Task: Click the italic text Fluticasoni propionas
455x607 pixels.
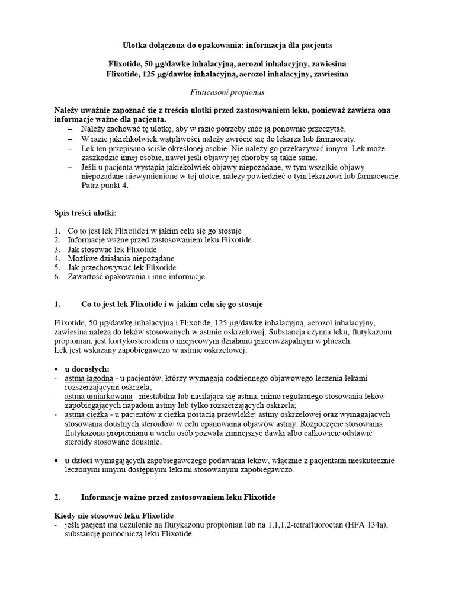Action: point(227,92)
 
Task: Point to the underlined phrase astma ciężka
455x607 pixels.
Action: point(85,414)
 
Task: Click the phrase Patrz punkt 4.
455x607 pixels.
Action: point(104,186)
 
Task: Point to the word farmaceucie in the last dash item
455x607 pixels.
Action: point(379,177)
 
